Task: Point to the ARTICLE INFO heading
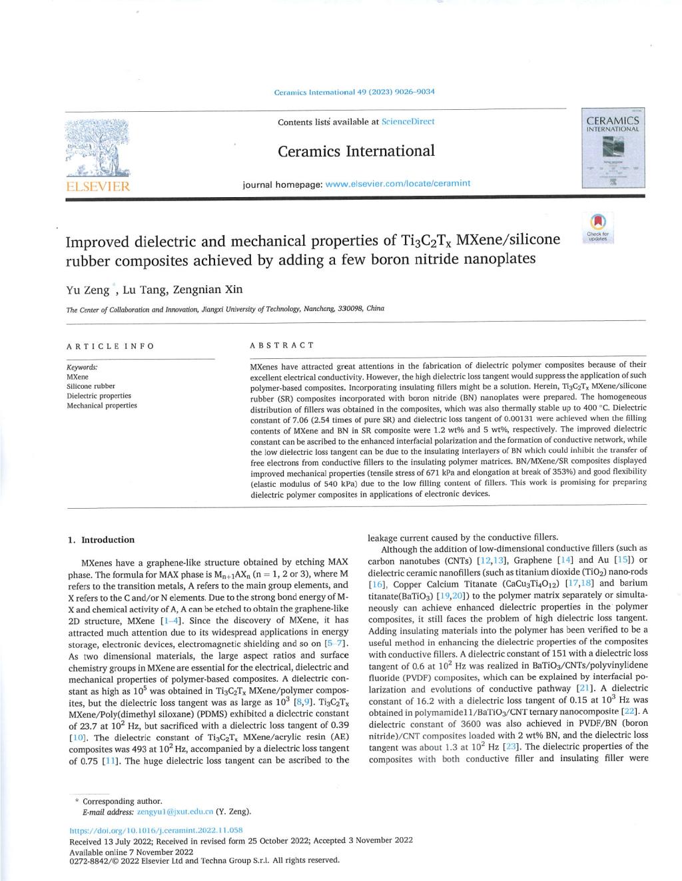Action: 110,346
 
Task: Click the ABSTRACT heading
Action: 281,346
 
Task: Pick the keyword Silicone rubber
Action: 91,386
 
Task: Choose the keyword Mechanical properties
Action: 102,405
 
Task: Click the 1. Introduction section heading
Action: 101,540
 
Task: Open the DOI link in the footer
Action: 156,830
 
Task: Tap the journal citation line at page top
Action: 354,92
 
